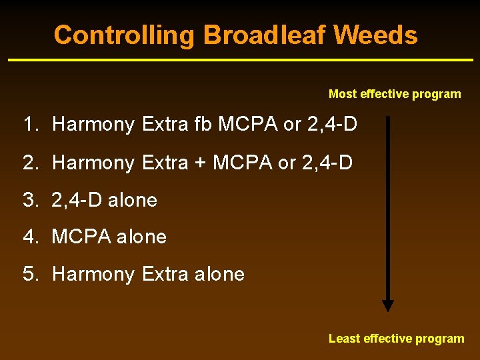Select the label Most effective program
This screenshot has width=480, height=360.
395,94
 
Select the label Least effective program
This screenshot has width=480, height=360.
396,339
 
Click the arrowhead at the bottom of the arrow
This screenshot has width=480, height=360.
387,305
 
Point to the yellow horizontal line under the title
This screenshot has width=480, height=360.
240,61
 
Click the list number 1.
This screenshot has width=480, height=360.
29,124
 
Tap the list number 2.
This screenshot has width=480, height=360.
29,162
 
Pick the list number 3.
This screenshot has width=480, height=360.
29,200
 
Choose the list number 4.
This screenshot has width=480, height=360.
29,237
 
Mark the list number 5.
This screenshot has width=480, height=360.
29,274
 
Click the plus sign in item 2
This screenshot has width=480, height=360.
200,163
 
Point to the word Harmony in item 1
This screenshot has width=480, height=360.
93,125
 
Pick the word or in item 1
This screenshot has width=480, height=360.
293,125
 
